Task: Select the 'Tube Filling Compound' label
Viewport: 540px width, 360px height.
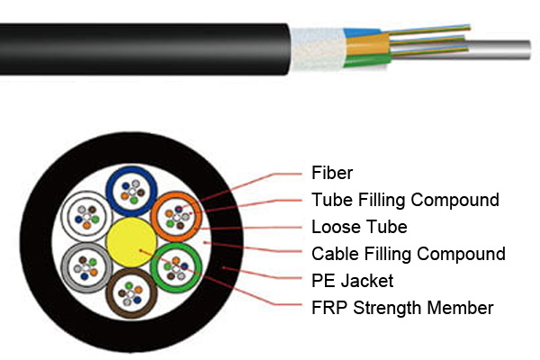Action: (x=405, y=199)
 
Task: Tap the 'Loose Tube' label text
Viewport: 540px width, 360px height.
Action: (x=359, y=226)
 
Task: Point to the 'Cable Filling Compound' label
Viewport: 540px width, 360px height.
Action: (x=408, y=254)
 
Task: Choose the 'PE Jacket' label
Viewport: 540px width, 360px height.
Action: (x=352, y=281)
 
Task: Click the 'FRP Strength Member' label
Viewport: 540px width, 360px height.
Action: (x=402, y=308)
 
